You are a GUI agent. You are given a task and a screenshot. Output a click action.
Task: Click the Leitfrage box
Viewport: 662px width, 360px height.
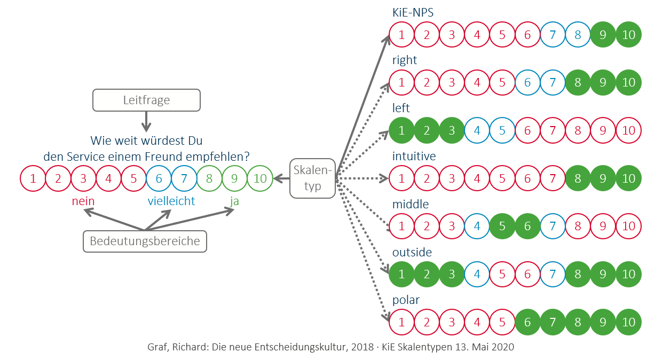pyautogui.click(x=146, y=100)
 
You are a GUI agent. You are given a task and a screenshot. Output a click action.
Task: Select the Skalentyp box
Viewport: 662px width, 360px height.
pyautogui.click(x=313, y=178)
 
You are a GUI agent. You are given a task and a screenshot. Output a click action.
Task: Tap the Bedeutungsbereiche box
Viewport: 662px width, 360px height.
pyautogui.click(x=145, y=241)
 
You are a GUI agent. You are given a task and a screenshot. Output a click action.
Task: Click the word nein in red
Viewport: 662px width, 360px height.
pyautogui.click(x=83, y=201)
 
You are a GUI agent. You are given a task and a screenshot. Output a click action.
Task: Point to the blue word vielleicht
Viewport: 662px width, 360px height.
pyautogui.click(x=171, y=201)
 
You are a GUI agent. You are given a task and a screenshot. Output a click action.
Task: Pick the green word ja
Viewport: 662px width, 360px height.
pyautogui.click(x=235, y=201)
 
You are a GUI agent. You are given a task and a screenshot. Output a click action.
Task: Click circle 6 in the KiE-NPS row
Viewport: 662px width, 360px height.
pyautogui.click(x=527, y=35)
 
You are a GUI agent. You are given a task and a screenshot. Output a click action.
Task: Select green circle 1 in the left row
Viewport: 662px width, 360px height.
pyautogui.click(x=401, y=130)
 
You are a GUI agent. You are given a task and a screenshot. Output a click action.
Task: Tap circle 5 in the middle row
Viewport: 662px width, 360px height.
pyautogui.click(x=502, y=226)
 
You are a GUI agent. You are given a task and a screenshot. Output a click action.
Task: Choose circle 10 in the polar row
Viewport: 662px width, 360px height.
pyautogui.click(x=628, y=322)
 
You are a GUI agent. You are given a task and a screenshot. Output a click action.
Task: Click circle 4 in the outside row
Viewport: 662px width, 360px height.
pyautogui.click(x=477, y=274)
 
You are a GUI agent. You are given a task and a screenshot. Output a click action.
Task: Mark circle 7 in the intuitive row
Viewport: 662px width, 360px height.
pyautogui.click(x=553, y=178)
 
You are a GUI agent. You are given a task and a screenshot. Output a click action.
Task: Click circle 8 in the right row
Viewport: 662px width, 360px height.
pyautogui.click(x=578, y=83)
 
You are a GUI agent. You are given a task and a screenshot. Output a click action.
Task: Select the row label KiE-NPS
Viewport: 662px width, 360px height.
pyautogui.click(x=416, y=12)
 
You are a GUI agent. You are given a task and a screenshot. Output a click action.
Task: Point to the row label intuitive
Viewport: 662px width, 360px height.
pyautogui.click(x=414, y=156)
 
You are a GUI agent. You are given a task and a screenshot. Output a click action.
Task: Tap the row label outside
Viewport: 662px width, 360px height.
pyautogui.click(x=412, y=252)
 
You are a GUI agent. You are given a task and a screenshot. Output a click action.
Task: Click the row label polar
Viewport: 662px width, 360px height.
pyautogui.click(x=405, y=300)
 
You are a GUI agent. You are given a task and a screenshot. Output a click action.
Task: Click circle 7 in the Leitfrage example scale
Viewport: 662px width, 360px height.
pyautogui.click(x=184, y=178)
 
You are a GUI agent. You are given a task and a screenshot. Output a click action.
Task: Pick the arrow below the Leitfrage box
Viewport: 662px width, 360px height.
pyautogui.click(x=146, y=123)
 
